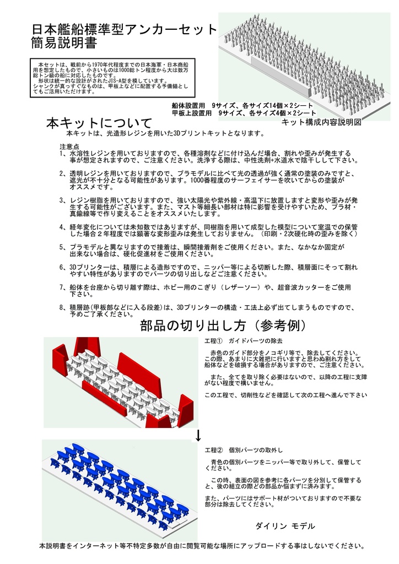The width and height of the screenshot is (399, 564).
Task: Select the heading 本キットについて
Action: [99, 123]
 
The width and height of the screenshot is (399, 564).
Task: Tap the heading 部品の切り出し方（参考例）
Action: [223, 326]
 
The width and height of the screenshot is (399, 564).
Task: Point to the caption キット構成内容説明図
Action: [321, 122]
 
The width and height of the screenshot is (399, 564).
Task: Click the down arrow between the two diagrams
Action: [198, 437]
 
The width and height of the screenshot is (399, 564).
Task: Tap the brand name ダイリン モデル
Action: [285, 526]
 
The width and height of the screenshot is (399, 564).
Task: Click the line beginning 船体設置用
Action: [243, 105]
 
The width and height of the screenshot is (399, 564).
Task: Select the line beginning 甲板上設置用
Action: [243, 113]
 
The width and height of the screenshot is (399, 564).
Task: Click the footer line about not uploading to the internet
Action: [202, 546]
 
